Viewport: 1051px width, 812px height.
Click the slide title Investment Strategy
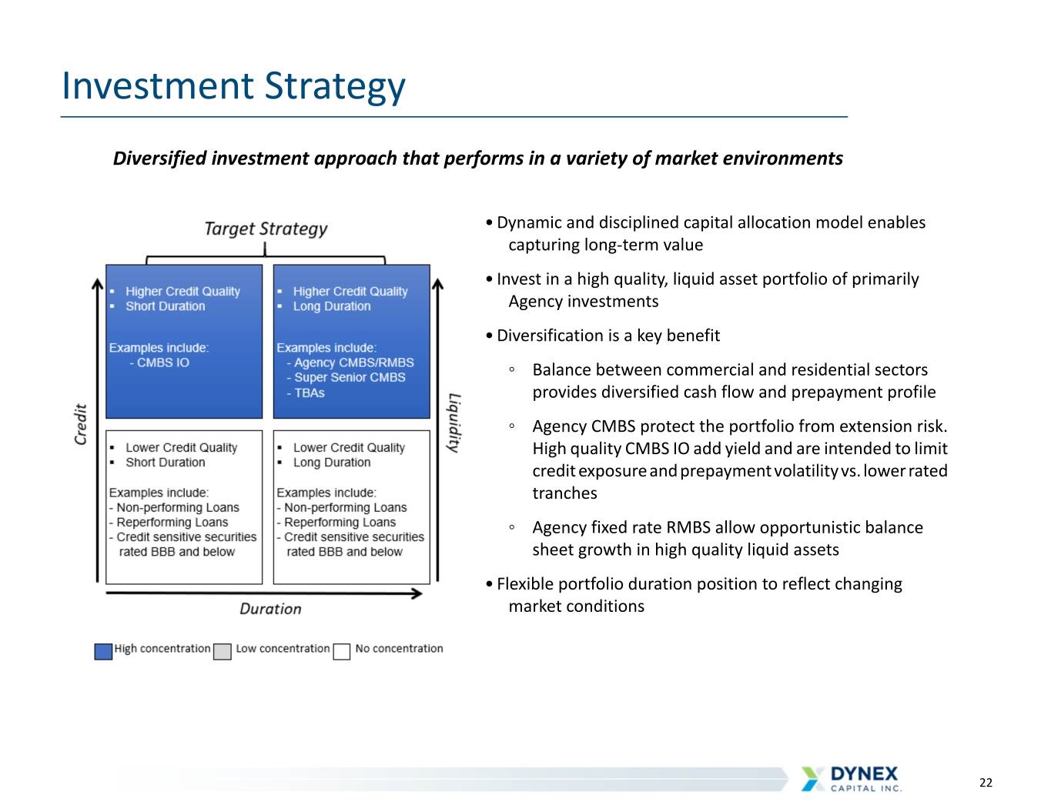click(x=233, y=86)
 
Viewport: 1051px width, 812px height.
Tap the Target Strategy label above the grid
click(x=266, y=229)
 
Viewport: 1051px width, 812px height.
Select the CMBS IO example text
click(x=163, y=363)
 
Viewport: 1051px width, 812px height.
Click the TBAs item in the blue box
click(x=310, y=393)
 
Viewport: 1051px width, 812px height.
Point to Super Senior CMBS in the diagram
click(x=350, y=377)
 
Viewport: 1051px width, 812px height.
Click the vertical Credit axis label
click(x=80, y=424)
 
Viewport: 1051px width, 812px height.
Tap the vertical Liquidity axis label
click(x=454, y=423)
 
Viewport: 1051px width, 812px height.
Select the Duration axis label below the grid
click(x=270, y=609)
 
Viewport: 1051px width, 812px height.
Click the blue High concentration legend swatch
click(x=103, y=651)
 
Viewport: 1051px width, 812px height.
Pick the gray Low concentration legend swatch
click(x=222, y=651)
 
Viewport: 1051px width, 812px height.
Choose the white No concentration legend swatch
click(x=341, y=651)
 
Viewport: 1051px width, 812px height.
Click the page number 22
click(x=986, y=782)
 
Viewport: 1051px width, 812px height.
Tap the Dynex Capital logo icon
click(x=812, y=778)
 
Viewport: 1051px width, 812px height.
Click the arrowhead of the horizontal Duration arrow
click(x=417, y=593)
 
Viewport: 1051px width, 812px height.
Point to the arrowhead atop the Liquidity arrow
click(x=437, y=284)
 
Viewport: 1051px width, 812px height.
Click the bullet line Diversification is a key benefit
click(x=608, y=336)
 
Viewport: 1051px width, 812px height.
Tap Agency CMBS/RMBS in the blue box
click(x=354, y=363)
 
